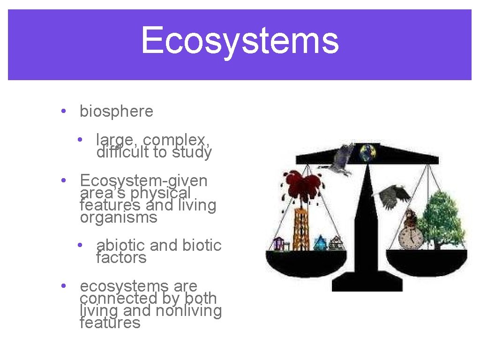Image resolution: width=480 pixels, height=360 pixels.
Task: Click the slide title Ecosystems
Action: click(x=240, y=41)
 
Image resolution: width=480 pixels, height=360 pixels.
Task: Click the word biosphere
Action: click(x=116, y=112)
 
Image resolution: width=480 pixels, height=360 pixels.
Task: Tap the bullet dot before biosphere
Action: click(x=63, y=112)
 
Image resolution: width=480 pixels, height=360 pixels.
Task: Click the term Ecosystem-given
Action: click(x=143, y=180)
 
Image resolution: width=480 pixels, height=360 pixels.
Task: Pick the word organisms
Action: click(x=119, y=217)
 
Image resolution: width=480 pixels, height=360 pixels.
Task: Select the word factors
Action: click(x=121, y=257)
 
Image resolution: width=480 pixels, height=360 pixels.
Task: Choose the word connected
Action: click(x=121, y=298)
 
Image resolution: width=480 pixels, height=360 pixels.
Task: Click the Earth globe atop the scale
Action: click(x=368, y=152)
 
